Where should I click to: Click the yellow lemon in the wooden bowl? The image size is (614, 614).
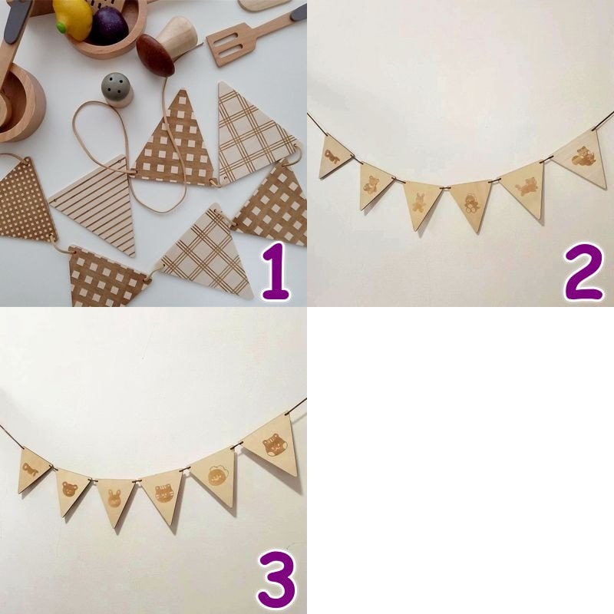point(72,17)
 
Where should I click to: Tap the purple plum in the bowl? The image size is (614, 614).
point(109,27)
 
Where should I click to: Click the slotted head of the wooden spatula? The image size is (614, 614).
point(227,45)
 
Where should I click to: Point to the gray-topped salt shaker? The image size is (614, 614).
point(117,90)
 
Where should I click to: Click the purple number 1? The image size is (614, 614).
point(276,271)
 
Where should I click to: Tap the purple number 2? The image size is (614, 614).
point(583,272)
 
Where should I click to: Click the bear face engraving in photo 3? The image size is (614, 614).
point(70,490)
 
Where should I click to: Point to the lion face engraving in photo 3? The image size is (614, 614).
point(216,475)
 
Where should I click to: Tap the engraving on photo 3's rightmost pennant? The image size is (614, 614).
point(273,446)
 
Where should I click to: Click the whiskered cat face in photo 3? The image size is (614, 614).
point(163,494)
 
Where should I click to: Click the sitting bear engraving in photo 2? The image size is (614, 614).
point(371,184)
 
